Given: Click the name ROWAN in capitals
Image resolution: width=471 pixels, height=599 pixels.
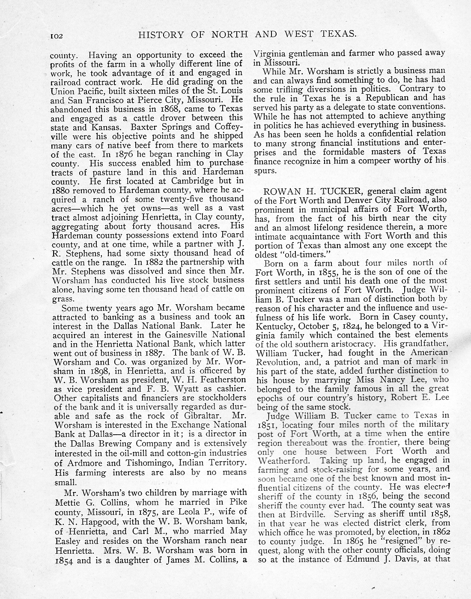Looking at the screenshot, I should [281, 190].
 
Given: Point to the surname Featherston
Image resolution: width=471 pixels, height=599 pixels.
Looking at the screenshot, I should [220, 379].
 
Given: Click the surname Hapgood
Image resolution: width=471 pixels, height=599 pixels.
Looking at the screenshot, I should [97, 522].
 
